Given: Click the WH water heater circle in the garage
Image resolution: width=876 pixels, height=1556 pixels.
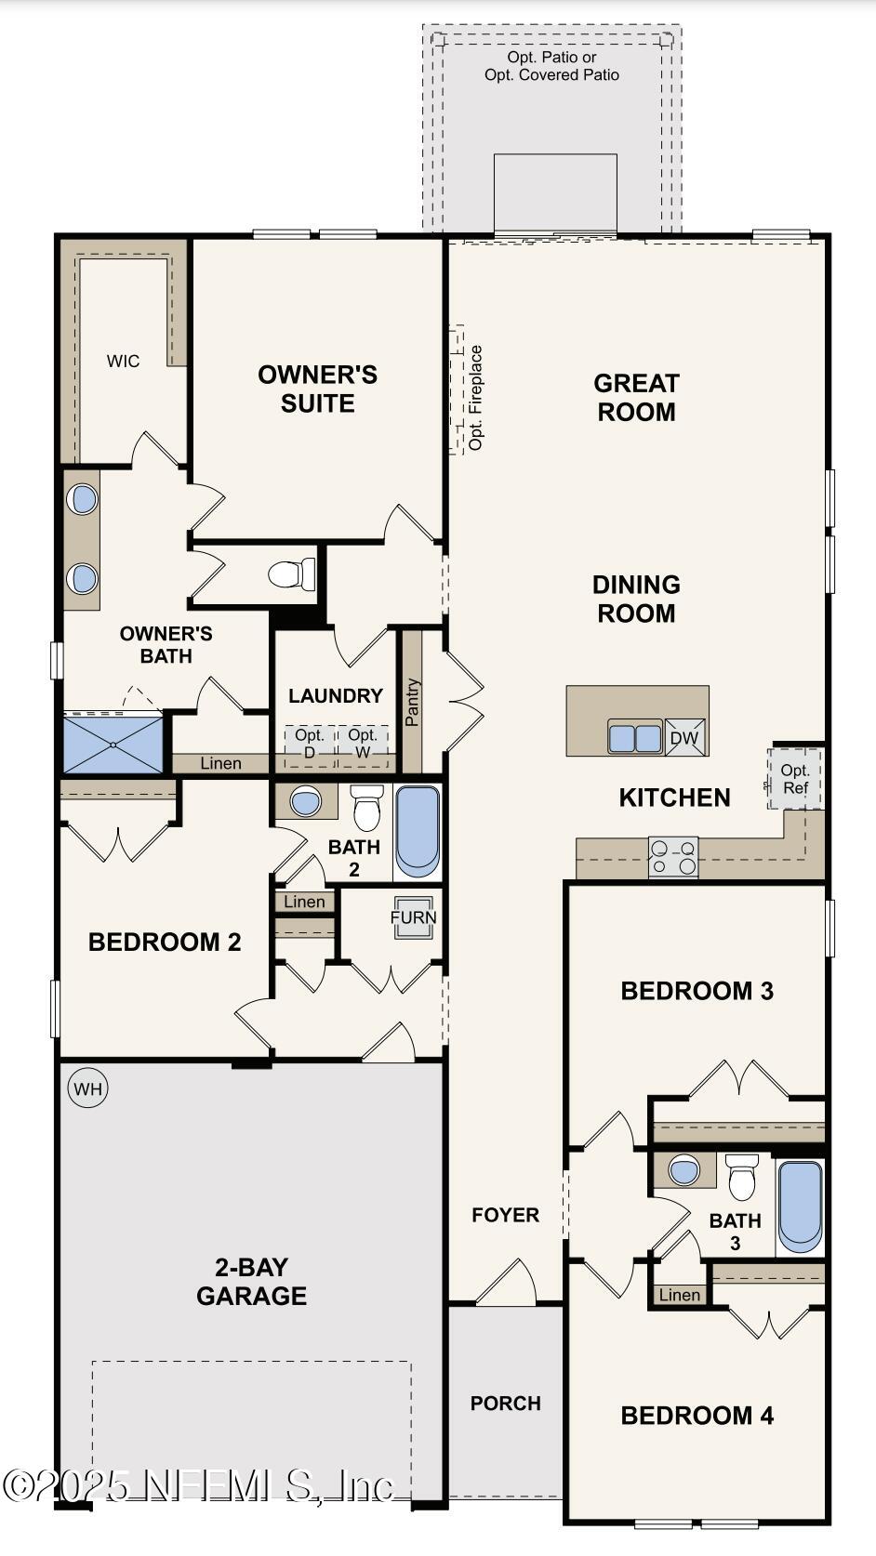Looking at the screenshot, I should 88,1088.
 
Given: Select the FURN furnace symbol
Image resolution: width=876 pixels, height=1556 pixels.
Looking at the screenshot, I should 413,917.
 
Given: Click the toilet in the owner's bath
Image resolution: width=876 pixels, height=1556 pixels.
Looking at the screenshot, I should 292,574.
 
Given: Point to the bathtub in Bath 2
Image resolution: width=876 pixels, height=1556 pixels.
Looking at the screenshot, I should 418,831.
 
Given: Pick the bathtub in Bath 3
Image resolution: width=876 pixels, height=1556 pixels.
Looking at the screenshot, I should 800,1205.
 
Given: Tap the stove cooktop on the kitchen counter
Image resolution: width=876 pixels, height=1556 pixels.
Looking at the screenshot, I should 672,857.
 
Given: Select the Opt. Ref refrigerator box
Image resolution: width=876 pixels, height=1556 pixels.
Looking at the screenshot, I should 795,779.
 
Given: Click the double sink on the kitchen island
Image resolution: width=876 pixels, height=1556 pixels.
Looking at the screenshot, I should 635,738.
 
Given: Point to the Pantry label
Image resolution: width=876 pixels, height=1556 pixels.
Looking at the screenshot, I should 413,703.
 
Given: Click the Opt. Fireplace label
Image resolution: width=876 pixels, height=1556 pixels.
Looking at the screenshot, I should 476,398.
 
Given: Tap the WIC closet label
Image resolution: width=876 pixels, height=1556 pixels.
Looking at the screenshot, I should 123,362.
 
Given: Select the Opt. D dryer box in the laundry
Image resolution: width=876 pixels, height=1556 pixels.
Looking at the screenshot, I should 310,745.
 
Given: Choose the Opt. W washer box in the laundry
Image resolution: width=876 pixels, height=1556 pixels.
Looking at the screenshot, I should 363,745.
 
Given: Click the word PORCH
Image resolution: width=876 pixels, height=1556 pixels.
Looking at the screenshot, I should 505,1404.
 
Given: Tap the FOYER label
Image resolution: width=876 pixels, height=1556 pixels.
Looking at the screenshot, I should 505,1215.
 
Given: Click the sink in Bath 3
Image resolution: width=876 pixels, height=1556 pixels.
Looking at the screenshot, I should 684,1171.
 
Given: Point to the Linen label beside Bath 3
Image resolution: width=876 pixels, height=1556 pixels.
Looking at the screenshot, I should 679,1295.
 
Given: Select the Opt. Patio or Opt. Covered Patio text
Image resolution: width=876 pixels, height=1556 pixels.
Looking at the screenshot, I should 551,66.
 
